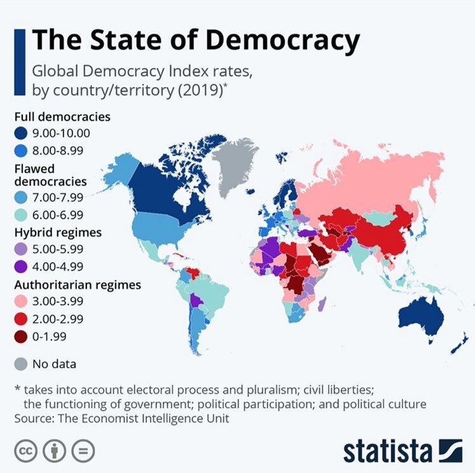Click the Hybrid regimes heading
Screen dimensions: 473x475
[58, 233]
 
